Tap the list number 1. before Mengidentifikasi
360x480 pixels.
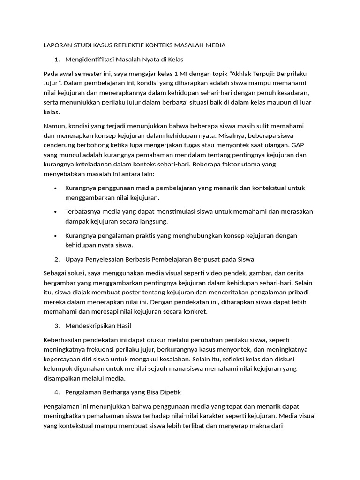(57, 60)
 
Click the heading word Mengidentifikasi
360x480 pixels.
(89, 60)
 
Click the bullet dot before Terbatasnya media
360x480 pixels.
(55, 211)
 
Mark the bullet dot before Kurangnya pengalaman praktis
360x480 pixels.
(55, 235)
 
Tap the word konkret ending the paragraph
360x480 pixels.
(194, 311)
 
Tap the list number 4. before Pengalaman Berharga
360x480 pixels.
(57, 392)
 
